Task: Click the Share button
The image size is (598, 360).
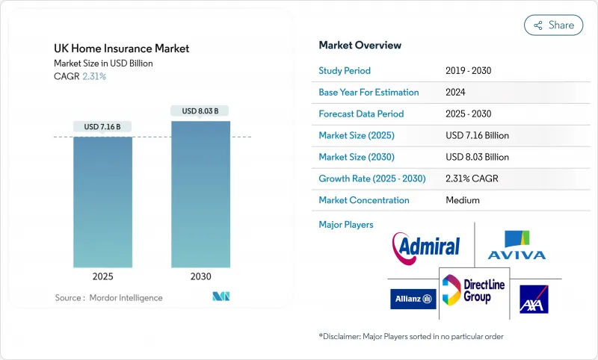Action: (554, 25)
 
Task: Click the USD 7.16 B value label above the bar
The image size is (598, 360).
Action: (102, 127)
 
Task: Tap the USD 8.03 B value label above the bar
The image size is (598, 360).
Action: (200, 111)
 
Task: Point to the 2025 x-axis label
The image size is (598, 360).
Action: (102, 276)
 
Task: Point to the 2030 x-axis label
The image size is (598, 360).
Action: (200, 276)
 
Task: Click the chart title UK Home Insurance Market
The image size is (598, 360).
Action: (121, 49)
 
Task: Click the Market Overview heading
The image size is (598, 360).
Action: (360, 46)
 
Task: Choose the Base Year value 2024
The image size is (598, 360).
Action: (457, 93)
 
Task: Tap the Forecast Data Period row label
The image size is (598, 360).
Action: (361, 114)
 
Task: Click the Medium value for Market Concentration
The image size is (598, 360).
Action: (462, 200)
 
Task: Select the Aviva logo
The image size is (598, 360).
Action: (517, 245)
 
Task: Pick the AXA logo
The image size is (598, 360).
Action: (534, 299)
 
